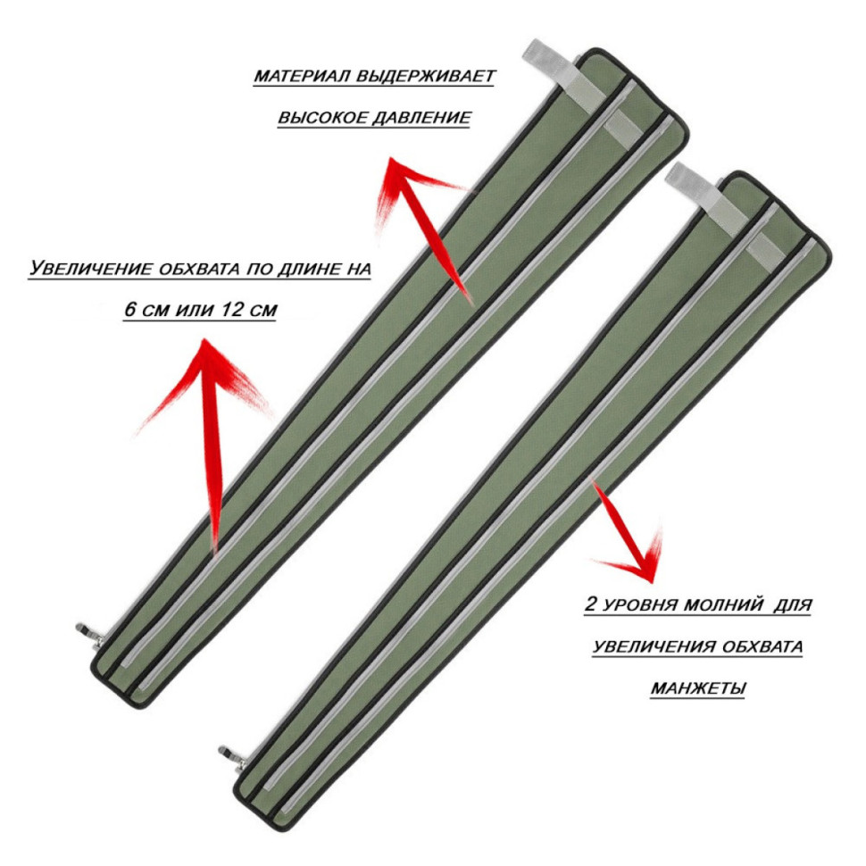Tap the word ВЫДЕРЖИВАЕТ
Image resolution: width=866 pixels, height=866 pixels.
(427, 76)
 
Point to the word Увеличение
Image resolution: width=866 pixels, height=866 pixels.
(90, 269)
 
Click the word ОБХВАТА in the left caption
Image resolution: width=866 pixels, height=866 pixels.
(200, 269)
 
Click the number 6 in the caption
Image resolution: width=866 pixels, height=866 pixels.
(129, 309)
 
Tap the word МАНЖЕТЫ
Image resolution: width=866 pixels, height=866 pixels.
(698, 688)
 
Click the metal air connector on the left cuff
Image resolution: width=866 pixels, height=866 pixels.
(90, 634)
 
